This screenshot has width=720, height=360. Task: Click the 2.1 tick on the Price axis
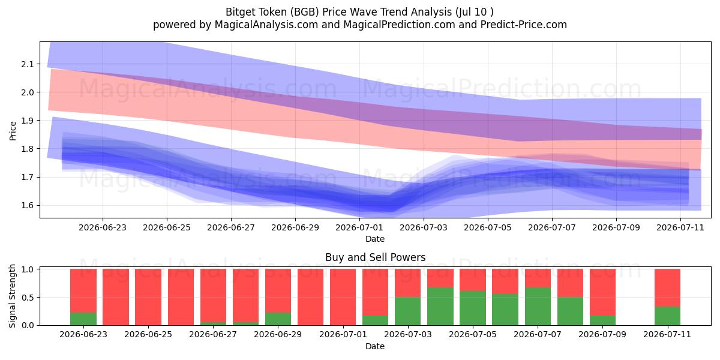(x=28, y=64)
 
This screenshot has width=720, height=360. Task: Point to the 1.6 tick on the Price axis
(x=28, y=205)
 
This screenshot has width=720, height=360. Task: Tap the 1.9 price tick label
(x=28, y=121)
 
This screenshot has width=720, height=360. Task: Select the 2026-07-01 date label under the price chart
(x=359, y=227)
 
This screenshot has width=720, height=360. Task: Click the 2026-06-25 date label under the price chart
(x=167, y=227)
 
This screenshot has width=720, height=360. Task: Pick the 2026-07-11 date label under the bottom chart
(x=667, y=335)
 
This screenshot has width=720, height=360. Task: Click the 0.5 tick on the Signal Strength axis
(x=28, y=298)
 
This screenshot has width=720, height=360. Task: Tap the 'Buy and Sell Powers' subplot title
(x=375, y=257)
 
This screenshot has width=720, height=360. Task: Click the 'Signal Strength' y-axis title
(x=12, y=296)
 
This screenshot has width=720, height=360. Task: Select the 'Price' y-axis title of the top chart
(x=13, y=131)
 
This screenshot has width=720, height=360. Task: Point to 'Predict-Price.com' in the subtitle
(x=524, y=25)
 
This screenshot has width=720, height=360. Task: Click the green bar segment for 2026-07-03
(x=408, y=311)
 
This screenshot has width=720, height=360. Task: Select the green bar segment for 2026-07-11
(x=667, y=316)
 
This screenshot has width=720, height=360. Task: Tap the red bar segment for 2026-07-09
(x=602, y=292)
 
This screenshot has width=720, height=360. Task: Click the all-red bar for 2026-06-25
(x=148, y=297)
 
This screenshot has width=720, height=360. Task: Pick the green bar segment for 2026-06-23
(x=83, y=319)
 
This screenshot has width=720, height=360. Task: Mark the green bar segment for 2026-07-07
(x=538, y=307)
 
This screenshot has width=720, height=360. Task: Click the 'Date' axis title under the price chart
(x=375, y=239)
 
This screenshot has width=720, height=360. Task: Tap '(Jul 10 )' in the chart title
(x=475, y=12)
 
